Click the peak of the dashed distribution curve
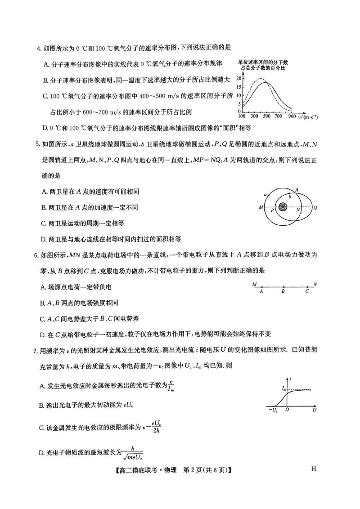click(259, 79)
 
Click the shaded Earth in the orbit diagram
click(283, 207)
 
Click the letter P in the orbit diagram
click(272, 210)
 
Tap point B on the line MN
click(283, 286)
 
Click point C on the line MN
click(307, 286)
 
